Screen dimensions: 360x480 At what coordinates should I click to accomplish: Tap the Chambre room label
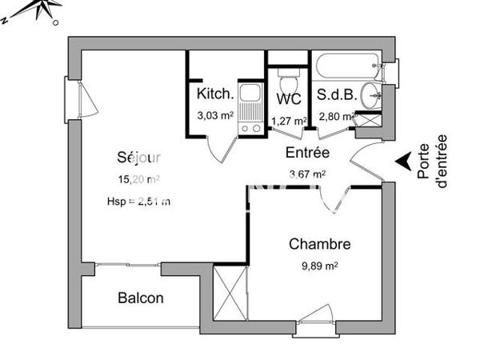click(x=321, y=243)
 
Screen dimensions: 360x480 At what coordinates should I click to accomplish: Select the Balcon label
click(x=141, y=298)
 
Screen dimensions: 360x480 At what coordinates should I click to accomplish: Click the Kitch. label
click(x=215, y=94)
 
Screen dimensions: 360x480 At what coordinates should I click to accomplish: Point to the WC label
click(x=288, y=99)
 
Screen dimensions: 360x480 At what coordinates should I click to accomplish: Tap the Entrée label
click(x=307, y=151)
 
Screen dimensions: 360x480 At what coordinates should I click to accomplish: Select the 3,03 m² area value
click(x=215, y=115)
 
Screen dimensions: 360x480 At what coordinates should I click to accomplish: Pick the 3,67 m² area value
click(x=307, y=174)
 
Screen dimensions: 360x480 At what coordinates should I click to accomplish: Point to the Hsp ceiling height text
click(x=138, y=201)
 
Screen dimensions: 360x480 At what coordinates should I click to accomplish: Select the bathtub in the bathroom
click(x=346, y=66)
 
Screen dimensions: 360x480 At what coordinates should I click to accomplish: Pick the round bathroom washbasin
click(x=372, y=96)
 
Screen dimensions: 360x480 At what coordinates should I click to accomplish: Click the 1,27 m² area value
click(x=289, y=122)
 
